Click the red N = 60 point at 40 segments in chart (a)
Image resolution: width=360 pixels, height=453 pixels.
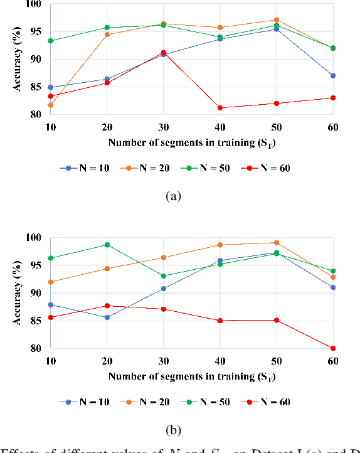click(x=220, y=108)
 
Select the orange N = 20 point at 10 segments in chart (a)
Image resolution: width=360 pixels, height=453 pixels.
click(x=50, y=105)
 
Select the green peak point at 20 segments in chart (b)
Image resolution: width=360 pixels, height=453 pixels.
click(x=107, y=245)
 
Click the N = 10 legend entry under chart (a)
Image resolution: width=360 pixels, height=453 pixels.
click(x=85, y=168)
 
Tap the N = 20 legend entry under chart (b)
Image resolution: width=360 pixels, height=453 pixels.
click(x=146, y=402)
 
